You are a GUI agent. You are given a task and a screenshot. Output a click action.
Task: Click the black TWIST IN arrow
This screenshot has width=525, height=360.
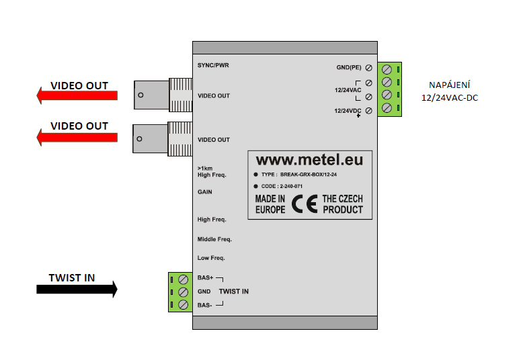[x=76, y=289]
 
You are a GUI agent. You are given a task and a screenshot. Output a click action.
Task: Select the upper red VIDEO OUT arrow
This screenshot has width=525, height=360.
[x=77, y=98]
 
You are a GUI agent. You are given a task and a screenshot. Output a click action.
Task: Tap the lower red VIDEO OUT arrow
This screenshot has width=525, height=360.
[x=77, y=138]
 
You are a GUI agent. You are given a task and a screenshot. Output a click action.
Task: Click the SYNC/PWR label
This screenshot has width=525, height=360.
[x=214, y=65]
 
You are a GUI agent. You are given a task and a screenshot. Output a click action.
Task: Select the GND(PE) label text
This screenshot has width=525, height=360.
[x=350, y=67]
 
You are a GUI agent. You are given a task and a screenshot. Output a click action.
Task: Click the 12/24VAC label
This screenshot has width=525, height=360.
[x=347, y=89]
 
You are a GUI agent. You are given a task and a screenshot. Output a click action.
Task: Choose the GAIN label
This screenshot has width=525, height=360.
[x=205, y=191]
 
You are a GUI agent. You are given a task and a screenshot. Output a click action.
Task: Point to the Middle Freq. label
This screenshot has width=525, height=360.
[x=214, y=239]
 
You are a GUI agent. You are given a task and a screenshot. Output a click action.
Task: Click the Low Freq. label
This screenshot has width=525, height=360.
[x=211, y=258]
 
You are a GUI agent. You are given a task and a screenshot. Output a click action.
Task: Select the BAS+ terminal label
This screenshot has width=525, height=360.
[x=206, y=277]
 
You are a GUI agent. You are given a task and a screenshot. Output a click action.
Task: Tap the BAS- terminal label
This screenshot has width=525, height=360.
[x=205, y=306]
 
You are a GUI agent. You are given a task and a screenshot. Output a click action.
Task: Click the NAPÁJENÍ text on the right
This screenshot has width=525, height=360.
[x=450, y=85]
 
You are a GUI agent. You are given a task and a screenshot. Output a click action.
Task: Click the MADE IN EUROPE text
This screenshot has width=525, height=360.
[x=270, y=204]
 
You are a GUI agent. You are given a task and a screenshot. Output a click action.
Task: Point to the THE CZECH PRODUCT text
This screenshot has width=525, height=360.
[x=343, y=204]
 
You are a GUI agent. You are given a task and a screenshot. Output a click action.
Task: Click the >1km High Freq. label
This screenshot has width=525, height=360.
[x=211, y=171]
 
